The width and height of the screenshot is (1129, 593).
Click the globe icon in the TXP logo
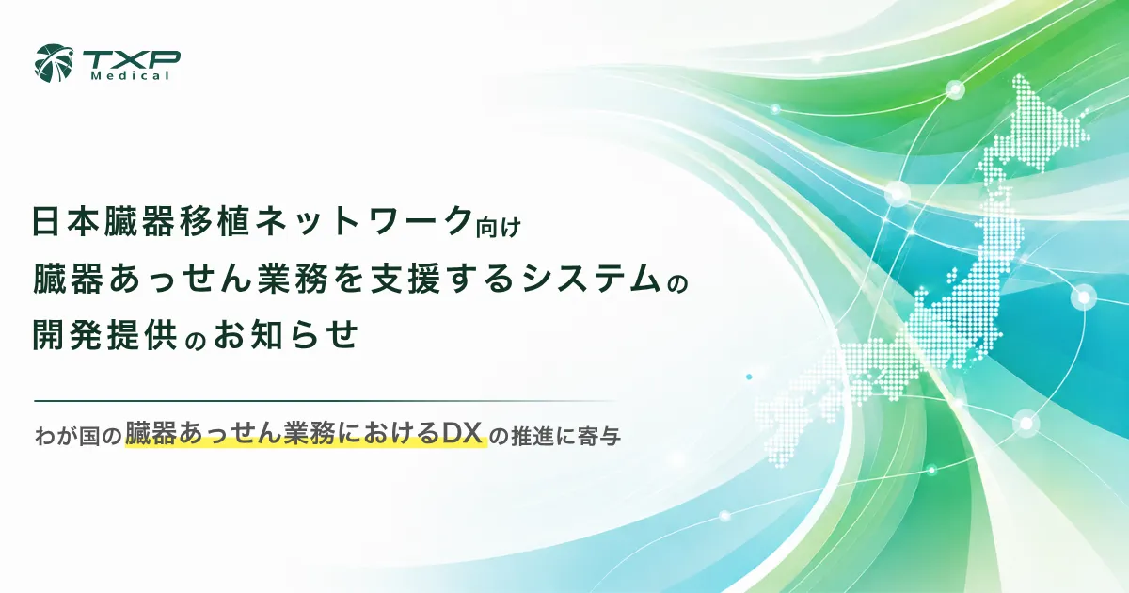pyautogui.click(x=54, y=64)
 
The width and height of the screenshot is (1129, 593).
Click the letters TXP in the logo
pyautogui.click(x=131, y=60)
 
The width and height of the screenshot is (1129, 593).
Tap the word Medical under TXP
pyautogui.click(x=130, y=76)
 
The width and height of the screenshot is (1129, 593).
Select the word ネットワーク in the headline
pyautogui.click(x=364, y=221)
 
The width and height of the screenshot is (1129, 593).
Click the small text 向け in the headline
pyautogui.click(x=499, y=227)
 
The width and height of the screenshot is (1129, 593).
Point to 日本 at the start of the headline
pyautogui.click(x=67, y=221)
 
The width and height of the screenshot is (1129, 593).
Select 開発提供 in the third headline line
pyautogui.click(x=104, y=334)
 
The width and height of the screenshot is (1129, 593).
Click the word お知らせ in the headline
pyautogui.click(x=286, y=334)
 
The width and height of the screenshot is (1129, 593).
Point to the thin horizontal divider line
pyautogui.click(x=326, y=401)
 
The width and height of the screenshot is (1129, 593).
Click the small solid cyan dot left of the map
pyautogui.click(x=749, y=377)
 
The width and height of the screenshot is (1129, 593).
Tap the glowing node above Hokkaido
pyautogui.click(x=955, y=90)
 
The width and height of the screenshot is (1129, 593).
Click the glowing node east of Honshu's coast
pyautogui.click(x=1084, y=297)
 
